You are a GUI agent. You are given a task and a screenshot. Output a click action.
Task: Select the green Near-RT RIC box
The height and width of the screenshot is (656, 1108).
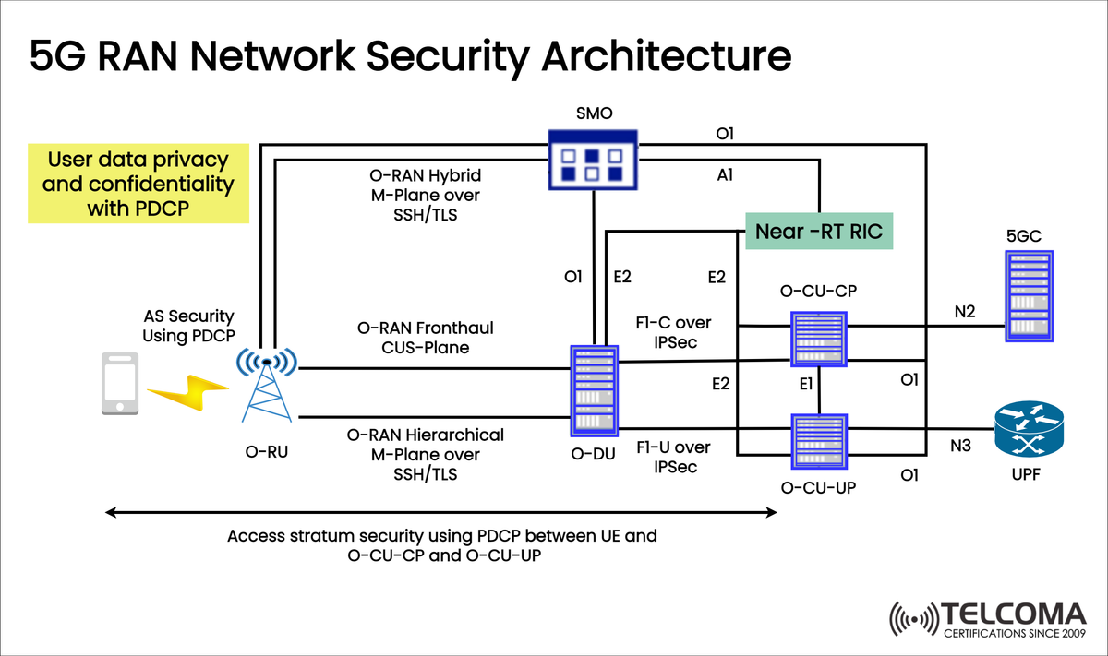819,232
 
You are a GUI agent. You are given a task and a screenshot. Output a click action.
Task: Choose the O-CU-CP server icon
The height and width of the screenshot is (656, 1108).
820,338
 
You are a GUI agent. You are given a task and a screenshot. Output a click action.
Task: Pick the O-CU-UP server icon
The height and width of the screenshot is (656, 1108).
820,444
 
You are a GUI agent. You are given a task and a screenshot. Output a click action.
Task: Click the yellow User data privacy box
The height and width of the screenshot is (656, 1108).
138,183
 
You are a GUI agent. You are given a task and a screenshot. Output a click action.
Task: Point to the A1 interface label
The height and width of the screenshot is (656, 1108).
725,173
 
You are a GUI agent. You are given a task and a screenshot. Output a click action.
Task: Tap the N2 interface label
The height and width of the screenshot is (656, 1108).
964,312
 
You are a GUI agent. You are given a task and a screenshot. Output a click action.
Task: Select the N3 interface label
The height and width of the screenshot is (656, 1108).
961,446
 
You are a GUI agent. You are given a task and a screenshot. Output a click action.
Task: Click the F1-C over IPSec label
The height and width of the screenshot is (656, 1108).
673,331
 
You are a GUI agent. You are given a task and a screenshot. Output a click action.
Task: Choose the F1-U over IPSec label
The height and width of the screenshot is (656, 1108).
673,457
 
